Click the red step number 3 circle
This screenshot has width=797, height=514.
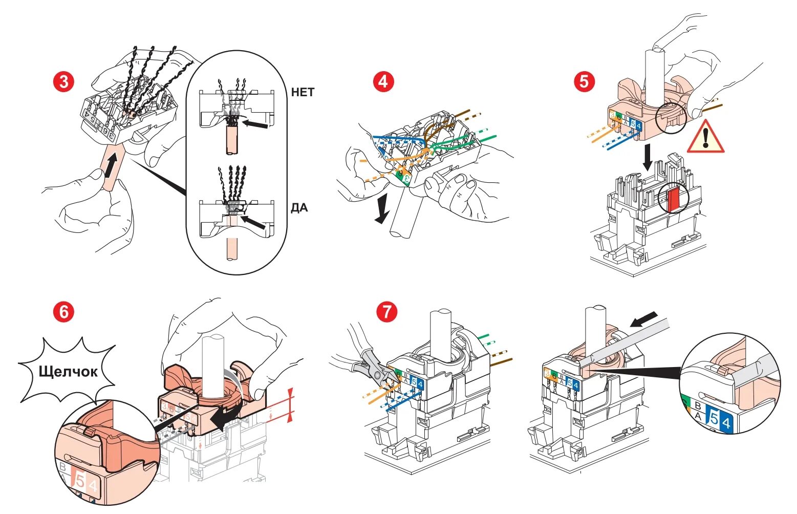pos(64,82)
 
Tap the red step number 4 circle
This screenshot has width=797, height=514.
pos(383,82)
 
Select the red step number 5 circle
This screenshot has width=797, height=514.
pos(584,82)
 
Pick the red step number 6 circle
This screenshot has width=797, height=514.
pos(64,312)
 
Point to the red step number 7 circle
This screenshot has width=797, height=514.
pos(386,312)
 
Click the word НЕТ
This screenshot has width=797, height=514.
pos(303,93)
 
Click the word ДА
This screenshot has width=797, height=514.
pos(299,208)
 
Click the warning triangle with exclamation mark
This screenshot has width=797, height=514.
pos(705,138)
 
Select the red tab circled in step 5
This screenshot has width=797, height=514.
pos(673,199)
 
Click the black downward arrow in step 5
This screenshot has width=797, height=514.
pos(648,157)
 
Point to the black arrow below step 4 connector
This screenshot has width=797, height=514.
pos(382,211)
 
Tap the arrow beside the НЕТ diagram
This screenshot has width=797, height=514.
pos(256,124)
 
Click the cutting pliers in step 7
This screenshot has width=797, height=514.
pos(370,365)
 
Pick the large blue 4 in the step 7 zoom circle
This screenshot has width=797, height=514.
pos(725,423)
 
